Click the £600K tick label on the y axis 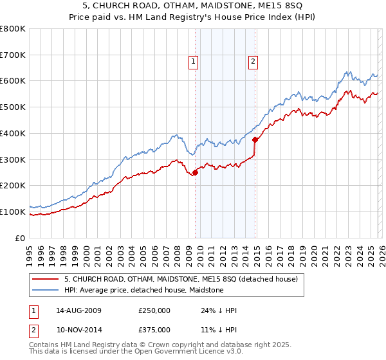pos(13,81)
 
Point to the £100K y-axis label pos(13,212)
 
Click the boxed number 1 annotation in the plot pos(194,62)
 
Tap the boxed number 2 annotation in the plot pos(253,62)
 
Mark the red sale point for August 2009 pos(195,172)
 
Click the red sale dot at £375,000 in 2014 pos(255,139)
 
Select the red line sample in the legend pos(46,280)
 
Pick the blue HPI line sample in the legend pos(46,291)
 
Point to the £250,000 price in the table pos(154,310)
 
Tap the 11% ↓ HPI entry pos(219,330)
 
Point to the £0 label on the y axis pos(19,238)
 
